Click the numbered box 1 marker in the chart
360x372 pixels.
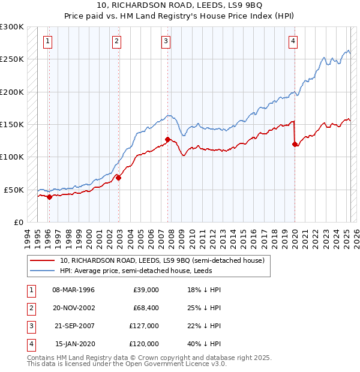47,41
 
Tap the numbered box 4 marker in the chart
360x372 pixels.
293,41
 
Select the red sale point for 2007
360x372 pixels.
167,139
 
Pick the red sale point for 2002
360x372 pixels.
119,178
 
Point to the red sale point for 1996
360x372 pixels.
49,197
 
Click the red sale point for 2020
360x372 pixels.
295,144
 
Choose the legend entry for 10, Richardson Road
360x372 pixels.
162,260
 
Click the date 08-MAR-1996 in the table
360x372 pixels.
74,290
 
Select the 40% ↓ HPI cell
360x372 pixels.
204,344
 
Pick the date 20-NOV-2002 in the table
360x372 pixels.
74,308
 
